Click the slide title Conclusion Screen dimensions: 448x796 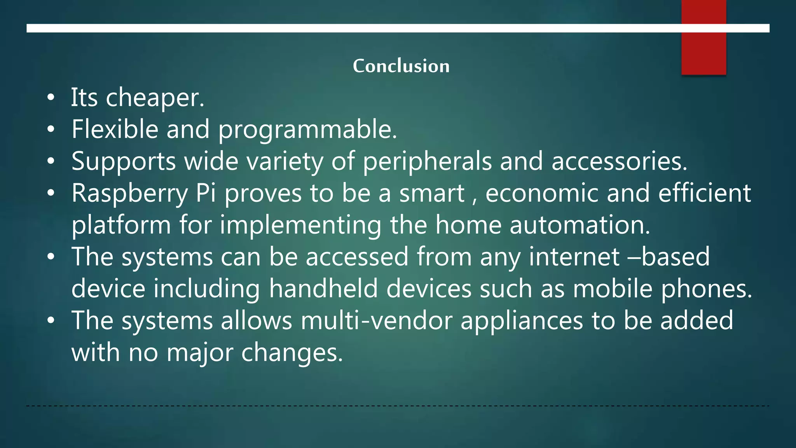[x=401, y=66]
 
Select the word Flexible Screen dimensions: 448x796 [x=115, y=129]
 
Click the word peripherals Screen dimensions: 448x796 [x=427, y=162]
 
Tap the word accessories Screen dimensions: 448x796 [x=619, y=162]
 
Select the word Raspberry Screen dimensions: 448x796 [x=129, y=194]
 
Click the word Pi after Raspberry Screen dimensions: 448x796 [x=206, y=193]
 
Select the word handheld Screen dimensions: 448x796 [x=323, y=289]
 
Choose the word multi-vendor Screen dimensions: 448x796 [x=376, y=320]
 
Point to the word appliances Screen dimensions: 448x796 [x=522, y=321]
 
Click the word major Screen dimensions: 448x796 [x=200, y=353]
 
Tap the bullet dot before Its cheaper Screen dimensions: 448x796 [x=51, y=98]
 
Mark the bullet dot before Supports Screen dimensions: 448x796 [x=51, y=161]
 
